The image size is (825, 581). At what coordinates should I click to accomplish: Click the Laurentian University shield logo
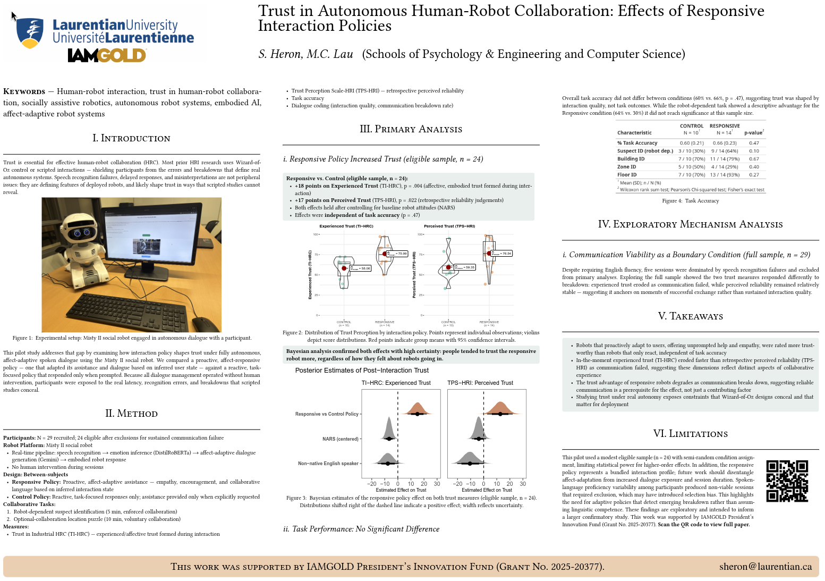[x=30, y=33]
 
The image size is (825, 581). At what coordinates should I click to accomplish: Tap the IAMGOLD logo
[x=107, y=55]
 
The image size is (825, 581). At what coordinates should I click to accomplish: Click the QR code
[x=787, y=481]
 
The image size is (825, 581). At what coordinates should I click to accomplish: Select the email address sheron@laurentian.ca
[x=766, y=567]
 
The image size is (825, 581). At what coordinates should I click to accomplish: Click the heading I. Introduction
[x=131, y=138]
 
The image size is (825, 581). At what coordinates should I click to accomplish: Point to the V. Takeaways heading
[x=690, y=316]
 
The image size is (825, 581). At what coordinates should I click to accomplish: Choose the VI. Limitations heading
[x=690, y=434]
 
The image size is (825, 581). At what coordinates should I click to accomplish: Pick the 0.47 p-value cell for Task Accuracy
[x=754, y=143]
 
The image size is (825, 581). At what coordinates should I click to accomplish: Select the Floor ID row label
[x=627, y=175]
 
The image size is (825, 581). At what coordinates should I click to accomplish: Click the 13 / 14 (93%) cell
[x=725, y=175]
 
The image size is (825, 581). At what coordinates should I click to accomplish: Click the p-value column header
[x=754, y=133]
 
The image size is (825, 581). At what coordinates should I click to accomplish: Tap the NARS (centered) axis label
[x=340, y=439]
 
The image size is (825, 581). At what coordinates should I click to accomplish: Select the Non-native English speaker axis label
[x=328, y=464]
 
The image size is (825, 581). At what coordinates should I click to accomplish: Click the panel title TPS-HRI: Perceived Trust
[x=480, y=383]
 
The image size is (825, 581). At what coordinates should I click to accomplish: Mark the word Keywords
[x=24, y=92]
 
